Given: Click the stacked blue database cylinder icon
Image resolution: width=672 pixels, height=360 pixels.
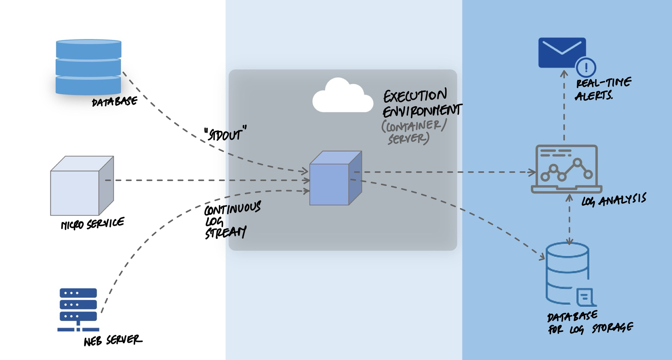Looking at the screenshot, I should (x=88, y=67).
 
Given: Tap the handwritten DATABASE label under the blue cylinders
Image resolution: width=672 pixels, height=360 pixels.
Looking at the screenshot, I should (x=114, y=102).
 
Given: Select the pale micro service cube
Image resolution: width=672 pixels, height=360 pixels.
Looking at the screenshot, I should (x=82, y=186).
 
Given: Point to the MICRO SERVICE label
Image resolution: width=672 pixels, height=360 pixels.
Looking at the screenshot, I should (x=92, y=224).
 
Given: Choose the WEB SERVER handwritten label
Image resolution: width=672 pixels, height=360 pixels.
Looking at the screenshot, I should (x=113, y=340).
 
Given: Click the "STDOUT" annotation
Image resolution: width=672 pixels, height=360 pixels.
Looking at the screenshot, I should (x=225, y=134).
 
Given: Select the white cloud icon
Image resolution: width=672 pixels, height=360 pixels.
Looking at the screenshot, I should (x=342, y=96).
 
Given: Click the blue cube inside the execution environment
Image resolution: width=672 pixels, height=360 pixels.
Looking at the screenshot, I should (x=335, y=178).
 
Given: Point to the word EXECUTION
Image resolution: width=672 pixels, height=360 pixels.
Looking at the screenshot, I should (x=415, y=96).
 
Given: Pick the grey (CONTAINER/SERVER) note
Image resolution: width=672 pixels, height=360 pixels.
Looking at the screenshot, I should (x=413, y=132).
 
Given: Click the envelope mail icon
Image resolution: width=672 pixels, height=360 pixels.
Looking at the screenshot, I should (x=562, y=52).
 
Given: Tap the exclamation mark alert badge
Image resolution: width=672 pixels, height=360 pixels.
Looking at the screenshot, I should (x=586, y=67).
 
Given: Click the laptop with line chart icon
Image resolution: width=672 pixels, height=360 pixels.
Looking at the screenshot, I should (x=566, y=169).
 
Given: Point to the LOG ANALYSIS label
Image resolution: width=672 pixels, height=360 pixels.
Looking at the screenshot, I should (x=614, y=200).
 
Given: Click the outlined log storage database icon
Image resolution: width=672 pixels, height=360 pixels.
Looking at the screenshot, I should (x=568, y=274).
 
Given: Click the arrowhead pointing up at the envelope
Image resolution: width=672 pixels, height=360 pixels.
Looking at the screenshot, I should (x=564, y=73).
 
